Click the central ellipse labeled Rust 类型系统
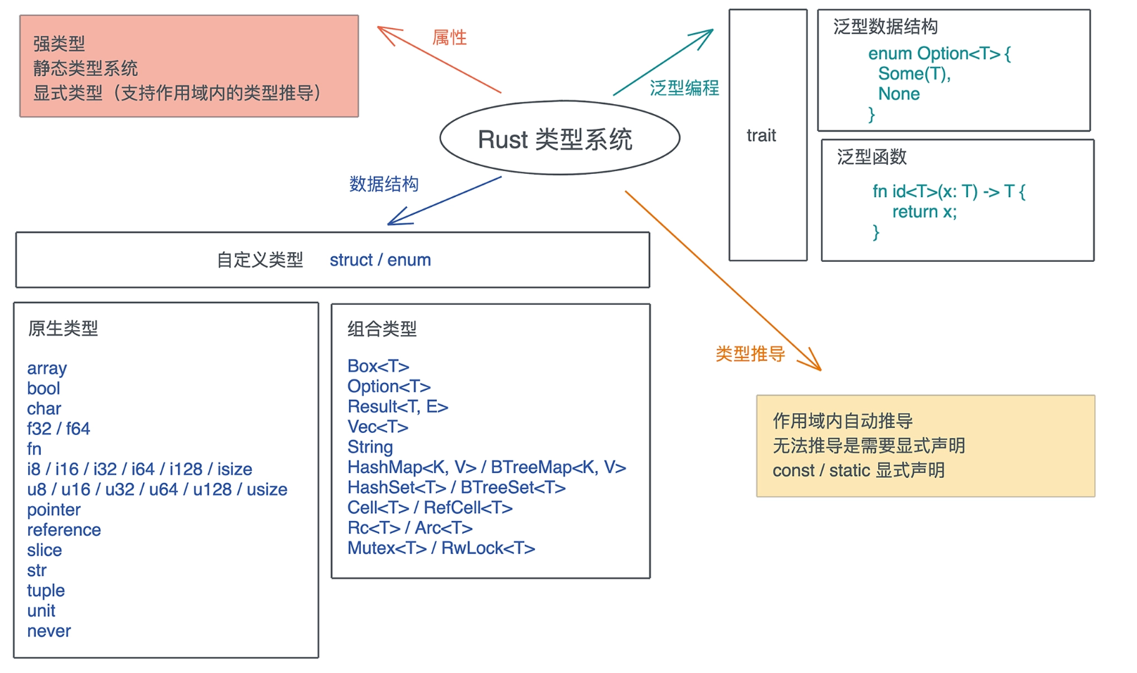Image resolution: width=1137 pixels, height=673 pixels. point(559,139)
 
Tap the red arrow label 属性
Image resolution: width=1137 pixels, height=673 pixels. point(450,37)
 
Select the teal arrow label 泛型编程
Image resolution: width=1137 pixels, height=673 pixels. point(684,88)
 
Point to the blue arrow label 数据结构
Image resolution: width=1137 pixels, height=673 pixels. point(383,184)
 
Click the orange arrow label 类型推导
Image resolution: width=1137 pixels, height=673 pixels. point(750,354)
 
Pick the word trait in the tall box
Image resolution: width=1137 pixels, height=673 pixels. point(761,136)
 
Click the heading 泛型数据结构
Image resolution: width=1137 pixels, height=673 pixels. point(885,27)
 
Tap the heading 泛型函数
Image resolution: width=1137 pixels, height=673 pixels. point(872,157)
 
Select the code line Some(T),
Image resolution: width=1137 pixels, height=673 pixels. point(914,74)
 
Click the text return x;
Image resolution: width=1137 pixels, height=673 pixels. point(925,212)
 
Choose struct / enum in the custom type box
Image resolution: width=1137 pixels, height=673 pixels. point(380,260)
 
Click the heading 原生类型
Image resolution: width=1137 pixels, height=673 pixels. point(63,328)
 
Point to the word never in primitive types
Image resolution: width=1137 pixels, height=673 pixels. point(49,631)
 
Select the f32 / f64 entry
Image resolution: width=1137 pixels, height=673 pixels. point(58,429)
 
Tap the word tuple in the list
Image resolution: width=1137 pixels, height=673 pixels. point(46,591)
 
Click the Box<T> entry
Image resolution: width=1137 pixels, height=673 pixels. point(378,366)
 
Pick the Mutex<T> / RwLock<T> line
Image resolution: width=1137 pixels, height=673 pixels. point(441,548)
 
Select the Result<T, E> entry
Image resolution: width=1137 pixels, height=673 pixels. point(398,407)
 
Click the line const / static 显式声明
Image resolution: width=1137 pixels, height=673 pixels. point(858,470)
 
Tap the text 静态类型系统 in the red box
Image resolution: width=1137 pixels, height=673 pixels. point(85,68)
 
